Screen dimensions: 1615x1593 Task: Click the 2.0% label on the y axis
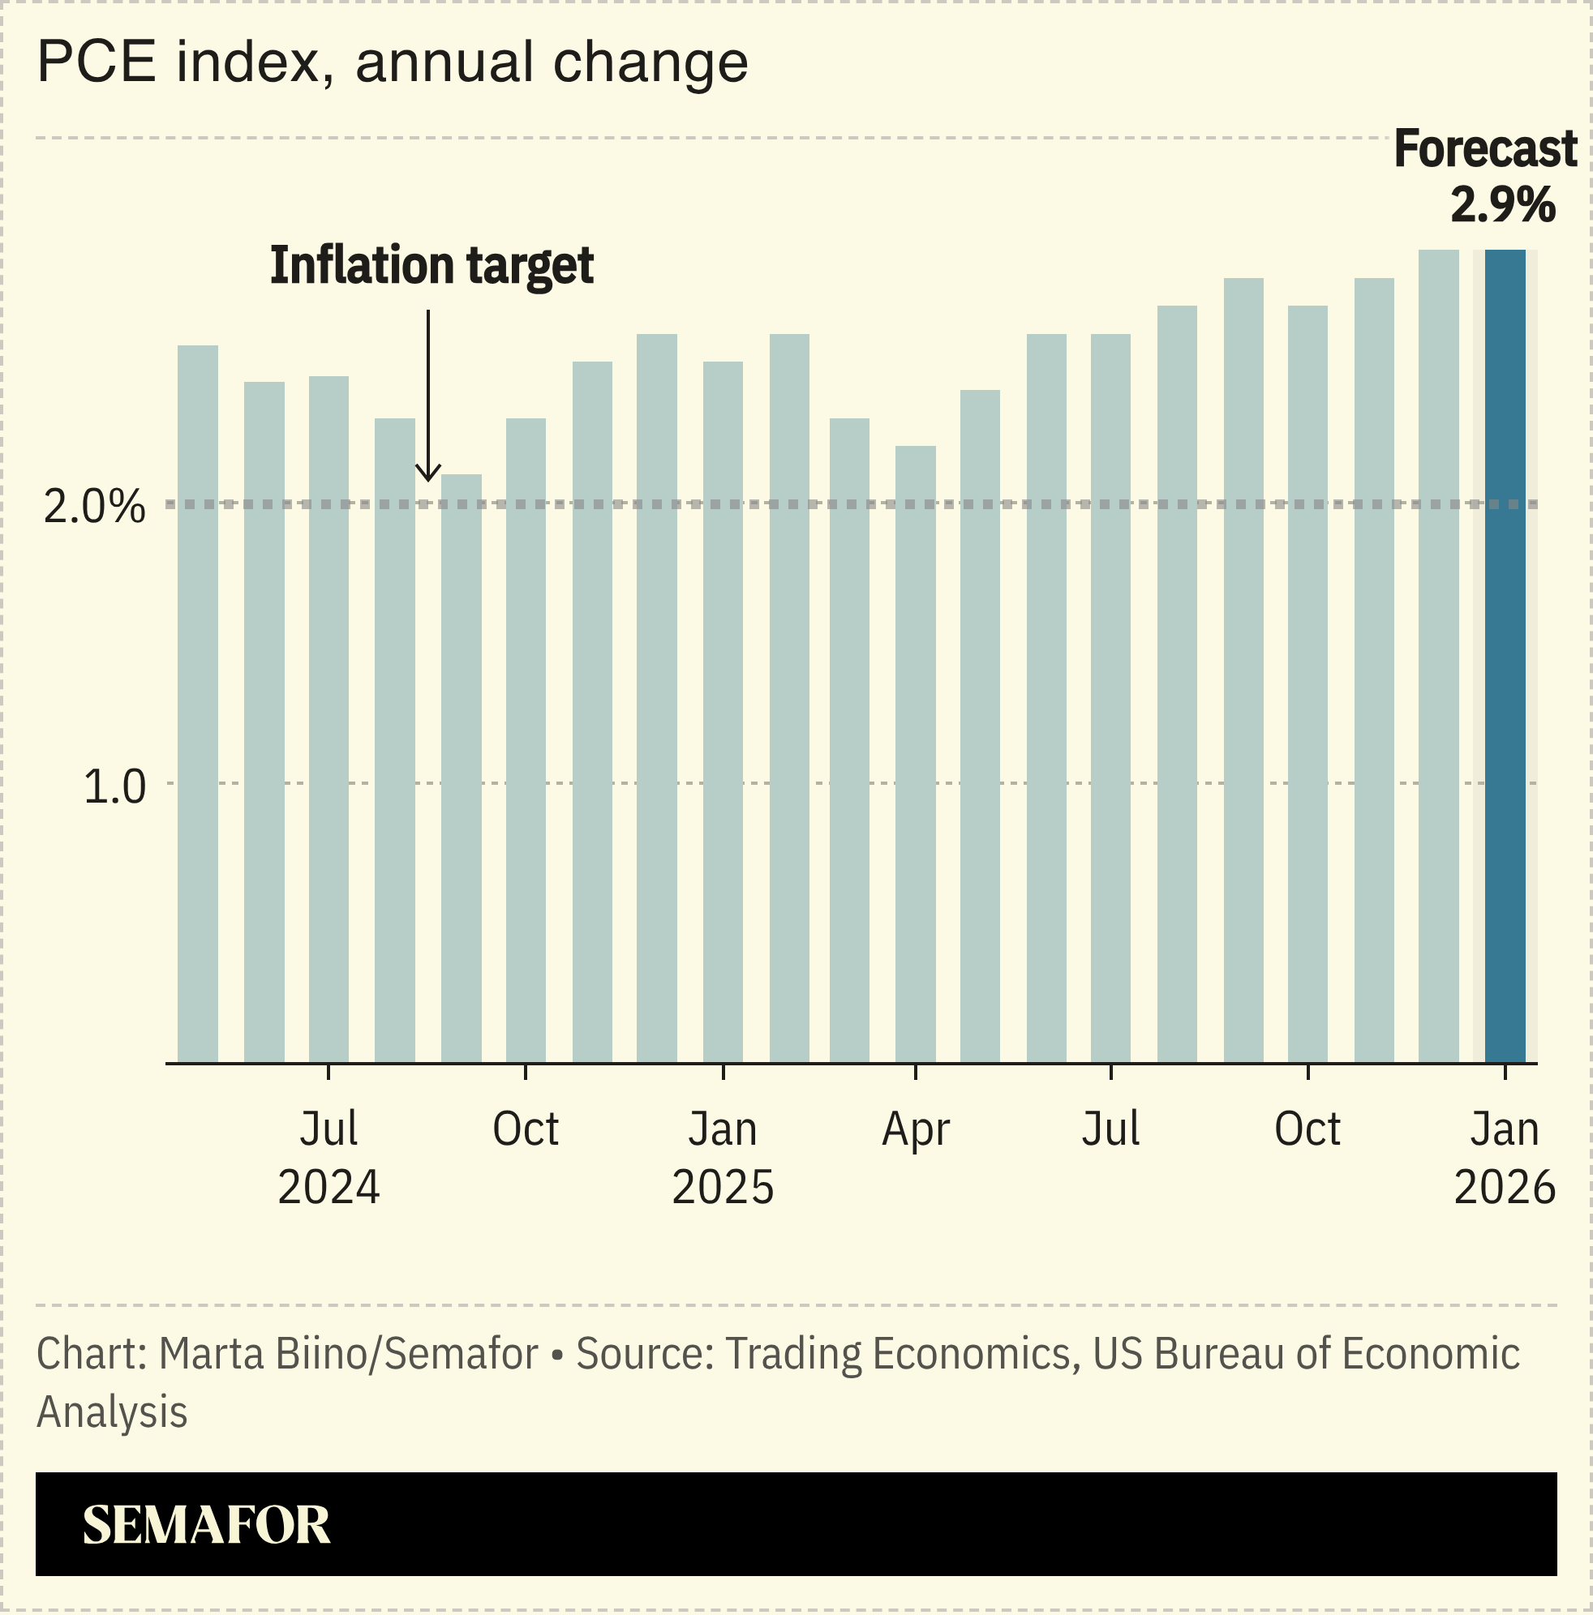(x=93, y=508)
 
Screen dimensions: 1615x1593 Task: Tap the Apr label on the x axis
(x=915, y=1130)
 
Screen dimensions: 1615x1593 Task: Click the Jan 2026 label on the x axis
(x=1504, y=1158)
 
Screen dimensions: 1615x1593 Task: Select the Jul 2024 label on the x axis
(x=328, y=1158)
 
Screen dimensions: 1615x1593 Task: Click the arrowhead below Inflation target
(x=428, y=475)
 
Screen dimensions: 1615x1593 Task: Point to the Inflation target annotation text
(x=432, y=266)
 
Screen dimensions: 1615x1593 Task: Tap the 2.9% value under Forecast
(x=1502, y=205)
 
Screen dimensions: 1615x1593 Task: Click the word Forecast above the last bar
(x=1484, y=150)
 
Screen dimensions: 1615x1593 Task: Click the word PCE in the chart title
(x=97, y=62)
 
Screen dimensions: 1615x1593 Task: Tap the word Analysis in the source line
(x=112, y=1412)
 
